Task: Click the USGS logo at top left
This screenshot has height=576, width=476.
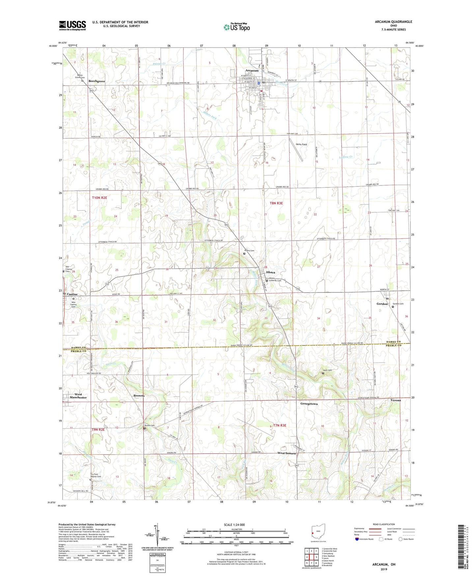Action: (x=72, y=25)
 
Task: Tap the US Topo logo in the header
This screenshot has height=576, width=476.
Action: (x=236, y=27)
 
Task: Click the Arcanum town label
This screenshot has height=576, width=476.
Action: (x=252, y=71)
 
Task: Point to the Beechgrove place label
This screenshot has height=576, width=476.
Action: (x=97, y=81)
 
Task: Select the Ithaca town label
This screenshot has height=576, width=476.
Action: (x=270, y=272)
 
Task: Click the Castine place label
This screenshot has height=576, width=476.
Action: (x=72, y=294)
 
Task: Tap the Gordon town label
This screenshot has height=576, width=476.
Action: (x=382, y=304)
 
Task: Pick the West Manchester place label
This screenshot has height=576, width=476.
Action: (x=78, y=396)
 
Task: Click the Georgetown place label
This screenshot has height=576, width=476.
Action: (x=309, y=404)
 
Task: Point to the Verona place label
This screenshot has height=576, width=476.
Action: (x=396, y=400)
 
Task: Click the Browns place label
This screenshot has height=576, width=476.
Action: (x=139, y=396)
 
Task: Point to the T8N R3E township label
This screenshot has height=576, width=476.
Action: (x=276, y=203)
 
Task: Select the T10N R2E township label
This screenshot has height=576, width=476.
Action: (x=99, y=198)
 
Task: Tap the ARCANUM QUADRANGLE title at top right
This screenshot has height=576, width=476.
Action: (x=393, y=22)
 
